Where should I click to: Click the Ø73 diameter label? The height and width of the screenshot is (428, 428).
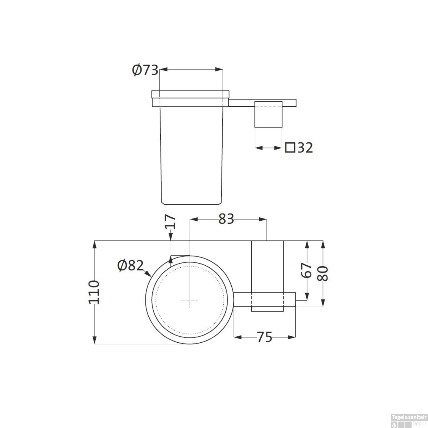(145, 70)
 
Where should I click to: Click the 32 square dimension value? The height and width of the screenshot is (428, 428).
(305, 148)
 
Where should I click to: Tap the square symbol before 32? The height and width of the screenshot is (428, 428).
(290, 148)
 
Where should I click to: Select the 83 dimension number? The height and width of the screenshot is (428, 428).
(226, 219)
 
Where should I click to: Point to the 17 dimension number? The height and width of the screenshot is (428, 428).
(170, 222)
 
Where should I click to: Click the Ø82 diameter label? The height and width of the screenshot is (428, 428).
(130, 266)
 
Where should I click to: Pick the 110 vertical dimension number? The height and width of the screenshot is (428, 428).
(94, 292)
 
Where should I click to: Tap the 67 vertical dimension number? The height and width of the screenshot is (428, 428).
(307, 270)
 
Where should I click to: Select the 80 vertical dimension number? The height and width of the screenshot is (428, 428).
(323, 274)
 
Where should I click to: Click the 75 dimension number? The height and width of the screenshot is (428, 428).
(265, 337)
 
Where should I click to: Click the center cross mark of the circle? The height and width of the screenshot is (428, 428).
(190, 300)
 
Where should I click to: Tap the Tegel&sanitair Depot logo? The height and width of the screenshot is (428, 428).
(409, 421)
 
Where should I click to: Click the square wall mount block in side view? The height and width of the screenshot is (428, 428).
(268, 114)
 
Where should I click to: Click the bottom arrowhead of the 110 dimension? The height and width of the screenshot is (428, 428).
(94, 340)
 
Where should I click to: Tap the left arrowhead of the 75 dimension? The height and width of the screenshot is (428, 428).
(237, 337)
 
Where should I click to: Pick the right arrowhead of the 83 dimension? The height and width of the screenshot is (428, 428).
(263, 219)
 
